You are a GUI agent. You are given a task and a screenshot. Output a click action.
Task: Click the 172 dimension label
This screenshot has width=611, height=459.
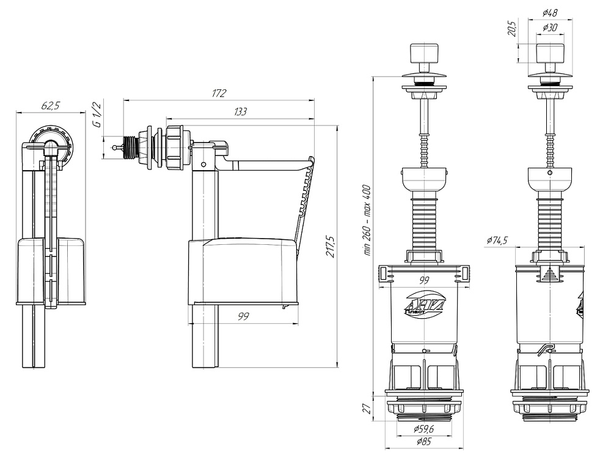click(219, 93)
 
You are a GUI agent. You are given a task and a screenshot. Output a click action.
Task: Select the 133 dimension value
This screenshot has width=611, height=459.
click(240, 111)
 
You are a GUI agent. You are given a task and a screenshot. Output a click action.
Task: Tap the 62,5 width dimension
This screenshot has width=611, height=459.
click(50, 106)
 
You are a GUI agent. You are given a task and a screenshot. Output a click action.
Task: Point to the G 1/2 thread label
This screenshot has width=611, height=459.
click(97, 114)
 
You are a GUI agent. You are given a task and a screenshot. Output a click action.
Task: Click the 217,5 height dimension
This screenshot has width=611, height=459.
click(331, 246)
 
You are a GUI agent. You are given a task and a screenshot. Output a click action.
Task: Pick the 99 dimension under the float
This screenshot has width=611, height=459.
click(243, 316)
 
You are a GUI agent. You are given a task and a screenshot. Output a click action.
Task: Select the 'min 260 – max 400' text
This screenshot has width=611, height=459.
click(367, 220)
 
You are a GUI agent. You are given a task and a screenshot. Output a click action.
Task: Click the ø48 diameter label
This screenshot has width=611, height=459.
click(550, 13)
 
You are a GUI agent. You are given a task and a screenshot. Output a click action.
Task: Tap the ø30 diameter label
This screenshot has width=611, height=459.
click(550, 28)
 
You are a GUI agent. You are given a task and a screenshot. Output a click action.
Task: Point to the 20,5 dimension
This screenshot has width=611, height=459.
click(512, 29)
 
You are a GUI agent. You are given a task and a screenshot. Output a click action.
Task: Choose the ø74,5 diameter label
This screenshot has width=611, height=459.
click(497, 240)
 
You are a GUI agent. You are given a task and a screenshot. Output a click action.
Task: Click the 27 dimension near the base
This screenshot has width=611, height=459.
click(366, 409)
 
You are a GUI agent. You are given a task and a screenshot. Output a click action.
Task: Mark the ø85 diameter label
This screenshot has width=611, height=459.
click(423, 442)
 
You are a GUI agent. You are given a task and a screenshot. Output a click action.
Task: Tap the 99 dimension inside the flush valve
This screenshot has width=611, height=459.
click(424, 280)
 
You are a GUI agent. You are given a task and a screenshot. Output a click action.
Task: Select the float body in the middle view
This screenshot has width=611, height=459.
click(243, 272)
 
